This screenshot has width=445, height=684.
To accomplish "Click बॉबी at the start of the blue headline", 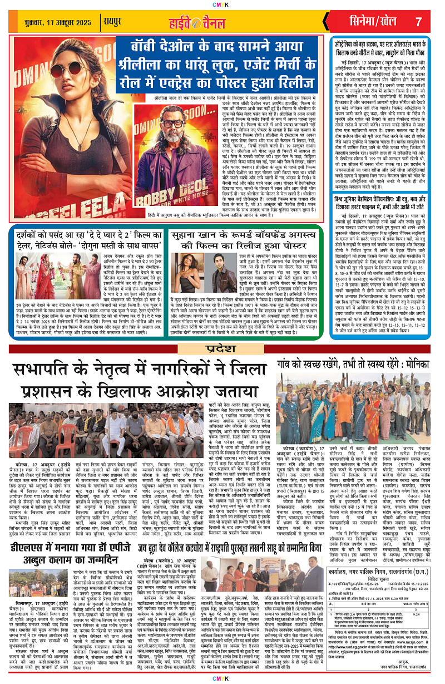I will tap(146, 46).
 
